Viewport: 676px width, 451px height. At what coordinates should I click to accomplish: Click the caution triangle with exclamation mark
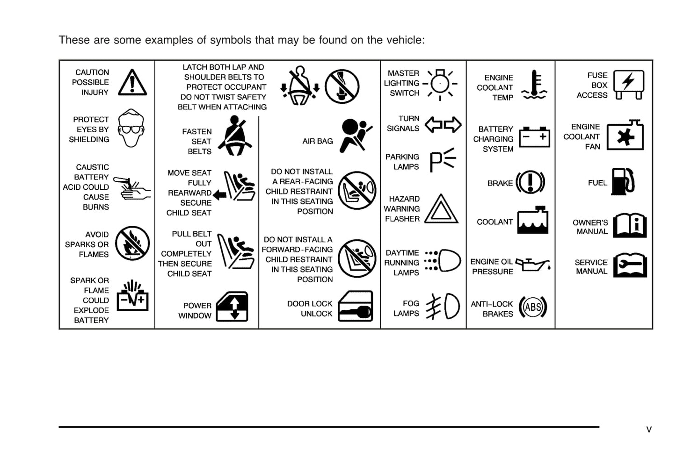[x=132, y=83]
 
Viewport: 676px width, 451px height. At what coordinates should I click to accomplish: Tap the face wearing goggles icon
[x=131, y=129]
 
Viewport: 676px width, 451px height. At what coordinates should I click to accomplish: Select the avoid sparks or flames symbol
[x=132, y=243]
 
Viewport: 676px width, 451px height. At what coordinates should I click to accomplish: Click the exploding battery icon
[x=132, y=297]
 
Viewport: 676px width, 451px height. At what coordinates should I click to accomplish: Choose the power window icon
[x=233, y=307]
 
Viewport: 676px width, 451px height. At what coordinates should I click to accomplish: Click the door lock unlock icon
[x=355, y=307]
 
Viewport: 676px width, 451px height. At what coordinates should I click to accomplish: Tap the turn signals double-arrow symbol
[x=443, y=124]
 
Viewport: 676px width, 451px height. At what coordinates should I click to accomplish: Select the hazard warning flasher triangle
[x=441, y=209]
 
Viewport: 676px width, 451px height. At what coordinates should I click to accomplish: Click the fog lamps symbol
[x=443, y=307]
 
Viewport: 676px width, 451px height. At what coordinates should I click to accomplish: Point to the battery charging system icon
[x=534, y=137]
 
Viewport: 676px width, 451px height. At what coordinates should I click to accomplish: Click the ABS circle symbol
[x=533, y=308]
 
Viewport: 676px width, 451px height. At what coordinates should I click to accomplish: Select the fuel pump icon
[x=623, y=181]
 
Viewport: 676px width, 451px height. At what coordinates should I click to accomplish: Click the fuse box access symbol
[x=628, y=84]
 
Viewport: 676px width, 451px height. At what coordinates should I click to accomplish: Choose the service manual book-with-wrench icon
[x=630, y=265]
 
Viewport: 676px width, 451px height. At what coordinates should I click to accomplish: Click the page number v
[x=649, y=430]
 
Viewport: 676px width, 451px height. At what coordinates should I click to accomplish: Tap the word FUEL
[x=597, y=183]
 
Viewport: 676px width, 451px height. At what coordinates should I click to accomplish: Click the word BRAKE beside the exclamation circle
[x=500, y=183]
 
